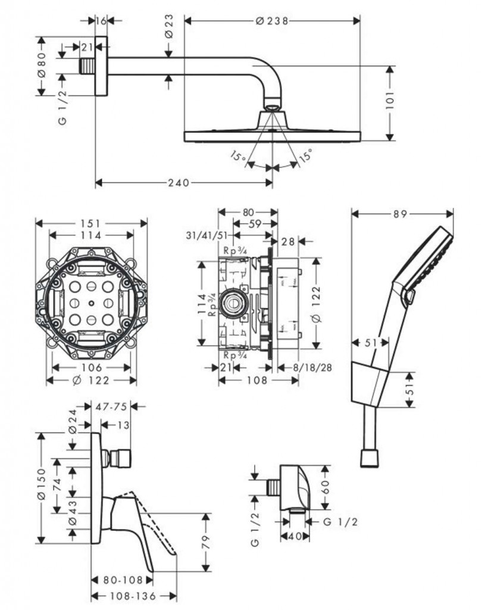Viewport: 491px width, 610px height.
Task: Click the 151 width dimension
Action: (92, 223)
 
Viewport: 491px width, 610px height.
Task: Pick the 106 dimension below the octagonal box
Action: (91, 367)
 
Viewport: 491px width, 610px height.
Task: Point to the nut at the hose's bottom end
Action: (370, 457)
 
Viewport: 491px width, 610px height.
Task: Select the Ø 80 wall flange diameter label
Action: (41, 66)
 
